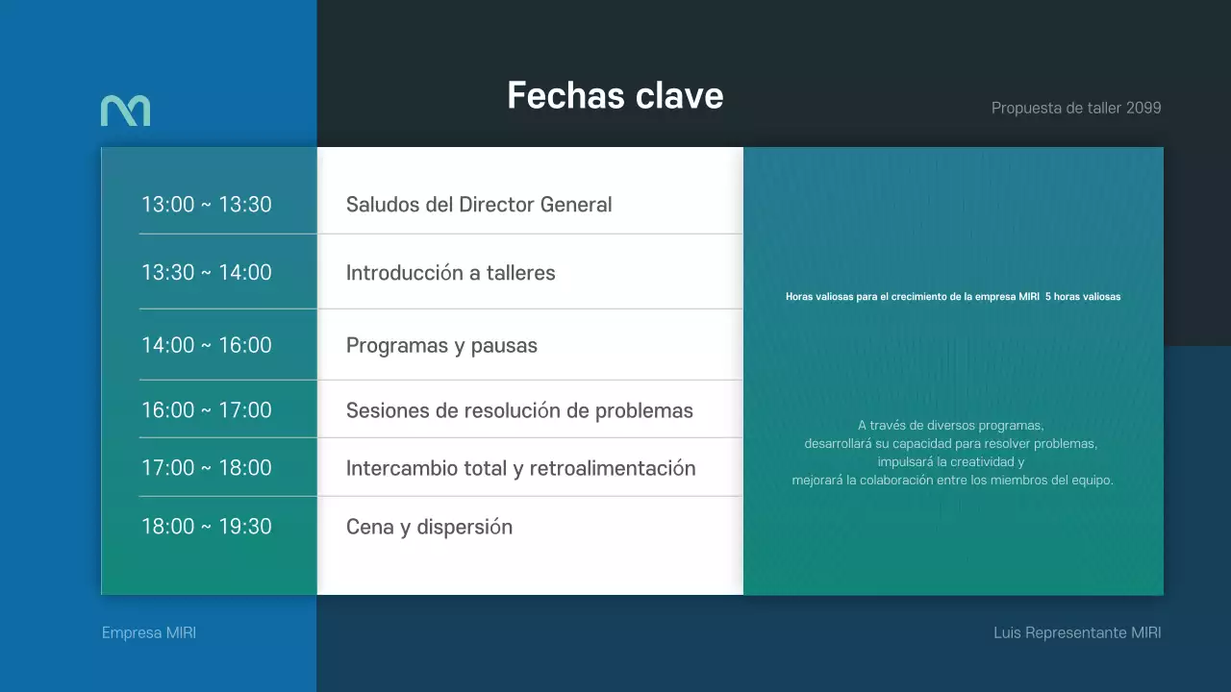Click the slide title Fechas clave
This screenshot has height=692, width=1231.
click(x=615, y=96)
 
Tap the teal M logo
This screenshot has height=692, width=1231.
click(x=125, y=111)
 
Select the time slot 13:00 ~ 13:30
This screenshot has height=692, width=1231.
click(x=207, y=205)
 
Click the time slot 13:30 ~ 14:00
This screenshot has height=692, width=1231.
click(x=207, y=272)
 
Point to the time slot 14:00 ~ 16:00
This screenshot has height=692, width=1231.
click(x=207, y=345)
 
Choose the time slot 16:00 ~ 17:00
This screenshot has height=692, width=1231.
click(x=207, y=410)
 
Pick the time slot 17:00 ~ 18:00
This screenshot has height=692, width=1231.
click(x=207, y=468)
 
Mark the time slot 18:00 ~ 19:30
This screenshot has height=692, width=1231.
click(x=207, y=527)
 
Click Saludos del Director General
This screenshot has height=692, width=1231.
click(x=479, y=205)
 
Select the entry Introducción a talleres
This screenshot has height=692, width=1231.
click(x=450, y=273)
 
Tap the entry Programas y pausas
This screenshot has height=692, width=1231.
click(x=441, y=346)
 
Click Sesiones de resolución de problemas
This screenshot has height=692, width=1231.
click(x=519, y=411)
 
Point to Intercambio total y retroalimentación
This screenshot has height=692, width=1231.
click(x=520, y=469)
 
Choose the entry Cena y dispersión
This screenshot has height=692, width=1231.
click(x=429, y=528)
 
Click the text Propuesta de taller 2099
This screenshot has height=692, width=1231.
click(x=1076, y=108)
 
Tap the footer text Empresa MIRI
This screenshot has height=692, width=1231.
click(x=149, y=633)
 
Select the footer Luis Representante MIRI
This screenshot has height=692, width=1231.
click(x=1077, y=633)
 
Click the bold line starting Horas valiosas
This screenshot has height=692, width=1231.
click(x=953, y=297)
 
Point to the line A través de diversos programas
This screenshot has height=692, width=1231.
click(x=951, y=425)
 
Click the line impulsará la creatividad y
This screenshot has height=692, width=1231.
click(x=951, y=461)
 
